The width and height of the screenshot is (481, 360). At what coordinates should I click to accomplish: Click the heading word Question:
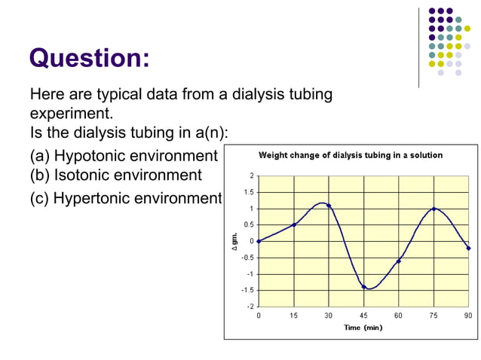click(x=89, y=58)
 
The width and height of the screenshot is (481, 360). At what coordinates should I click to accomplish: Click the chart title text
click(x=351, y=155)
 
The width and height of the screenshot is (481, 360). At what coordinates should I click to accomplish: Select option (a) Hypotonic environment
click(x=123, y=156)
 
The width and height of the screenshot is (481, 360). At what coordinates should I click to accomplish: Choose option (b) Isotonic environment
click(x=116, y=175)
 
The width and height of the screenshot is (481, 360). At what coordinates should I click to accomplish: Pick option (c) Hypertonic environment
click(x=126, y=198)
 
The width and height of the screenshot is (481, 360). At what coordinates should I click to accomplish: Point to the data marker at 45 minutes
click(x=363, y=287)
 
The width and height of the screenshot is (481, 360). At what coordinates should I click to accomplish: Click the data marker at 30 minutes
click(x=329, y=206)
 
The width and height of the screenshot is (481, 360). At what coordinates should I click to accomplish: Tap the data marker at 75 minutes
click(x=434, y=209)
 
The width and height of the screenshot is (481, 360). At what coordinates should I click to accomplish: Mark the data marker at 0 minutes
click(x=259, y=241)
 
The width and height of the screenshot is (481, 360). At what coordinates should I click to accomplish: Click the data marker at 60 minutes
click(x=399, y=261)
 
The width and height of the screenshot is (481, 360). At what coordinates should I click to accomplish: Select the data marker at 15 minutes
click(x=294, y=224)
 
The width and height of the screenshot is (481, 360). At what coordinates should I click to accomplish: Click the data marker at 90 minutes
click(x=468, y=248)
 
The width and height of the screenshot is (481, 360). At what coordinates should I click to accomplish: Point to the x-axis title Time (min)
click(x=363, y=328)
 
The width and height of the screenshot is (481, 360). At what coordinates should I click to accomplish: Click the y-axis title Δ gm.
click(x=234, y=241)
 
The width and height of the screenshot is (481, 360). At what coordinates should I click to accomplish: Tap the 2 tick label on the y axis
click(x=252, y=175)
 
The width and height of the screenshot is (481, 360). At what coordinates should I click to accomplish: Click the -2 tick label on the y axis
click(x=250, y=307)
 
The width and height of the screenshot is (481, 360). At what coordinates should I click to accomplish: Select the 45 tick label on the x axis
click(x=363, y=316)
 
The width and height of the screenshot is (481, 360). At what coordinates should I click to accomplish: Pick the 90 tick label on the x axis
click(x=468, y=316)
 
